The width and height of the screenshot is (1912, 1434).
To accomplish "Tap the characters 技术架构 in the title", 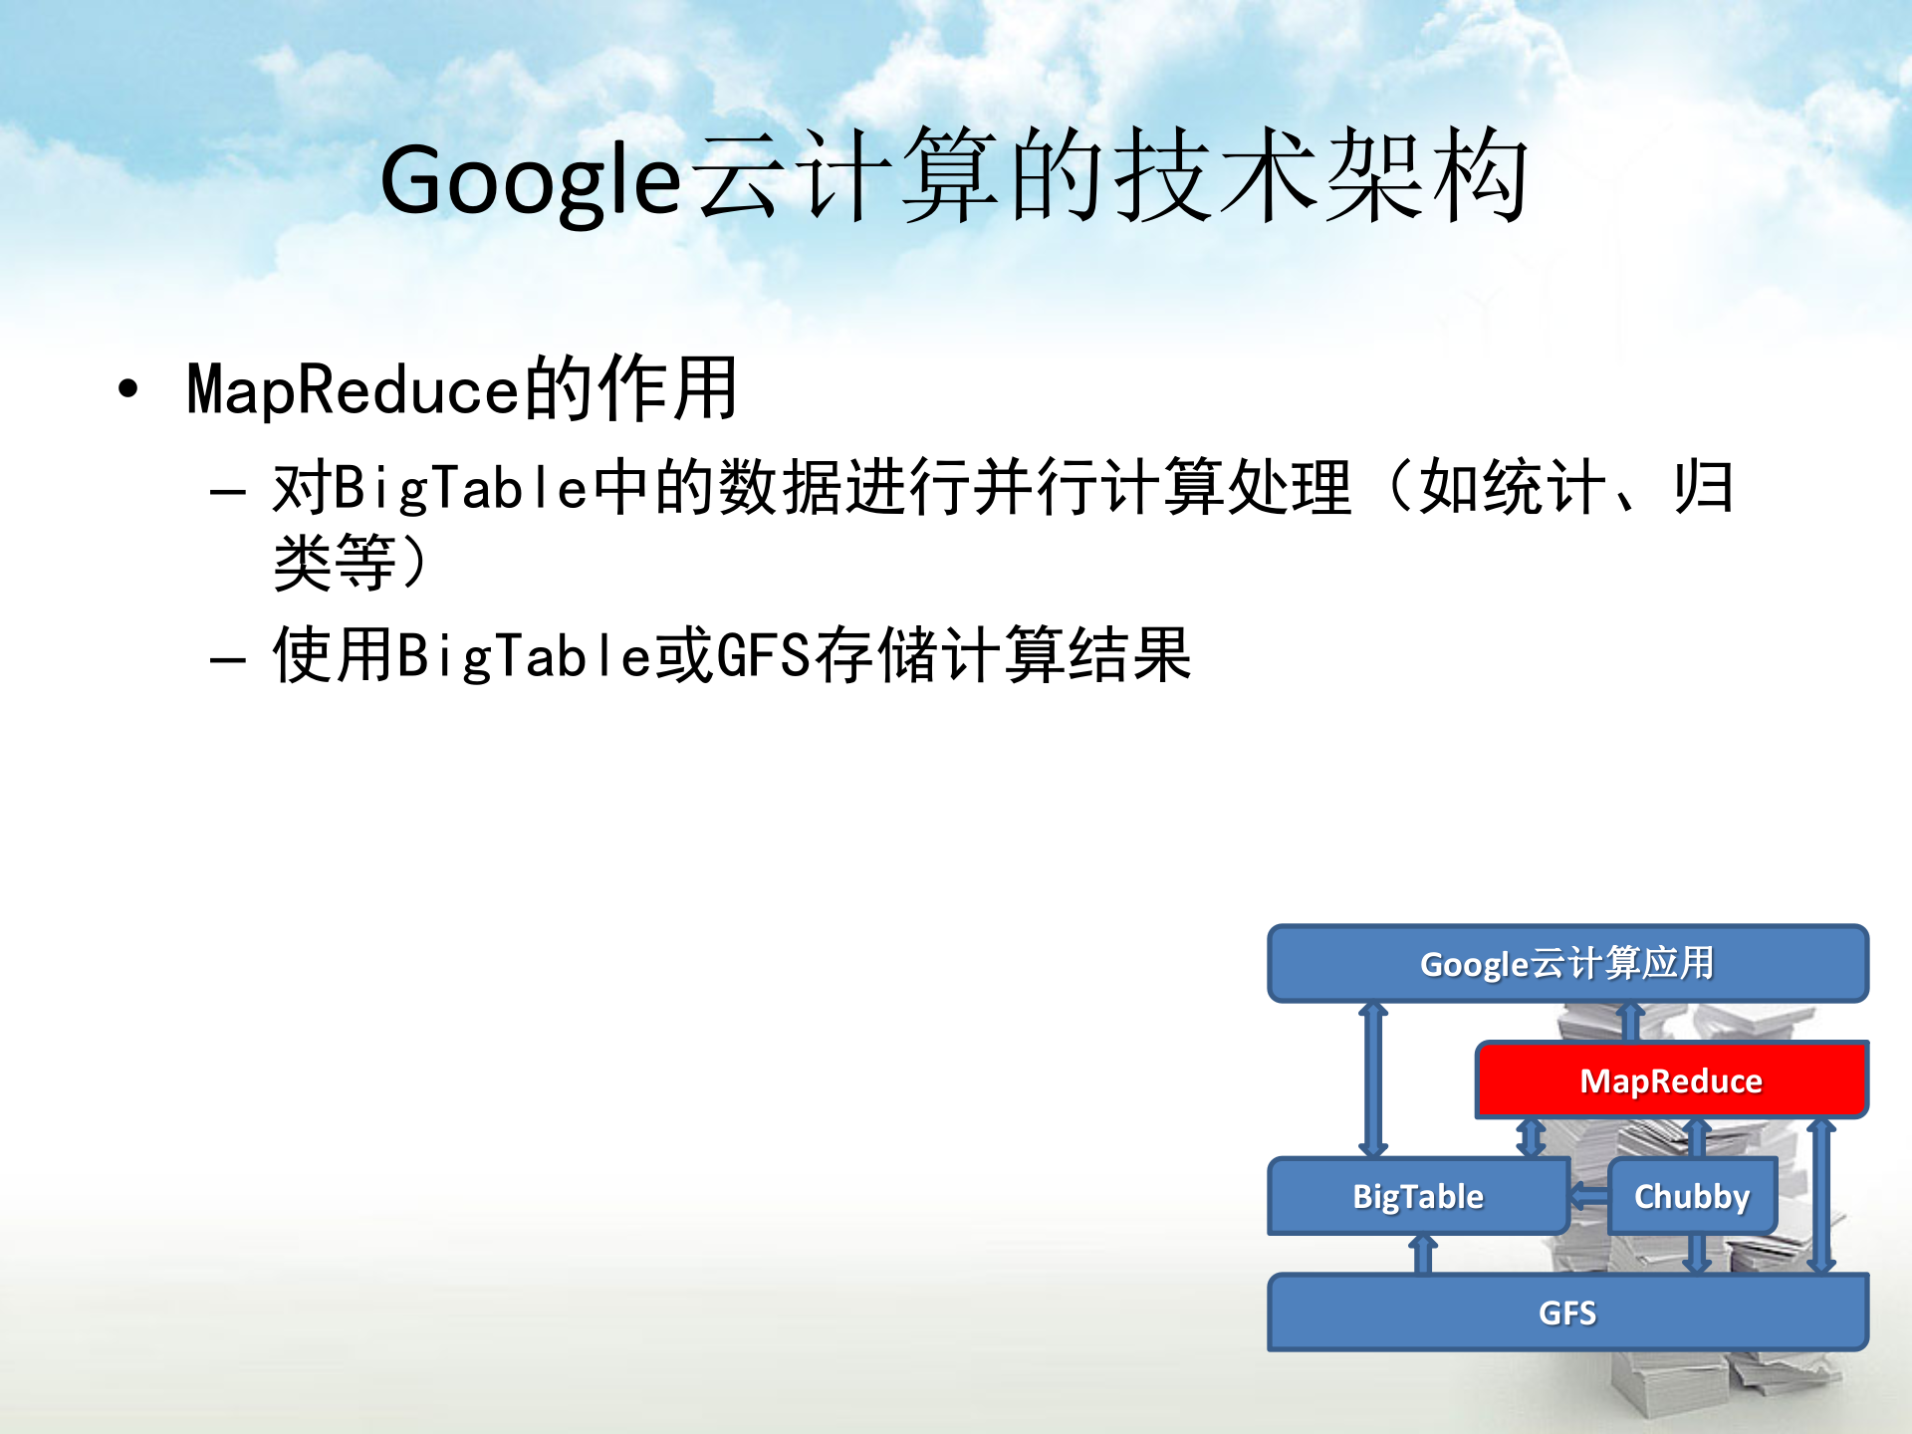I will click(1319, 177).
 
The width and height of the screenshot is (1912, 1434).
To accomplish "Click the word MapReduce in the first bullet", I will click(353, 390).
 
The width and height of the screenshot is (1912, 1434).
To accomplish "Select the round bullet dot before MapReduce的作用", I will click(127, 388).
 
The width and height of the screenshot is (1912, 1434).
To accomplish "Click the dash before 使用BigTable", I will click(228, 659).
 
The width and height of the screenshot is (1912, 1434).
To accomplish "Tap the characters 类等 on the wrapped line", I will click(335, 564).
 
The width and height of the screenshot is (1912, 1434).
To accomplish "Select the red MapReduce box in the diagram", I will click(1670, 1080).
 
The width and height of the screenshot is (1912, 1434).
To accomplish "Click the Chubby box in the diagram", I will click(1691, 1196).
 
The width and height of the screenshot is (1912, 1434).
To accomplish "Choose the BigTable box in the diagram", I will click(1417, 1196).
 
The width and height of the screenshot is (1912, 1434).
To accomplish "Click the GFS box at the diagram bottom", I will click(1566, 1313).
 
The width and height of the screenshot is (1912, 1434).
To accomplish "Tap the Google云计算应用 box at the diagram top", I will click(1566, 963).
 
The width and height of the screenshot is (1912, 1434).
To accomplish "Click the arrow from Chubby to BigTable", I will click(1589, 1196).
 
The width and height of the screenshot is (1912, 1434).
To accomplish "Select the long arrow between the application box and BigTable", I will click(1373, 1079).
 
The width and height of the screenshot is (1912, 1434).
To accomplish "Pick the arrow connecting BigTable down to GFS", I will click(1423, 1255).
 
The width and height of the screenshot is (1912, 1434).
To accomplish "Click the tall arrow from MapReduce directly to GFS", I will click(1821, 1195).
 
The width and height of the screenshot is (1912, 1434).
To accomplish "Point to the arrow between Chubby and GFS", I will click(1697, 1255).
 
